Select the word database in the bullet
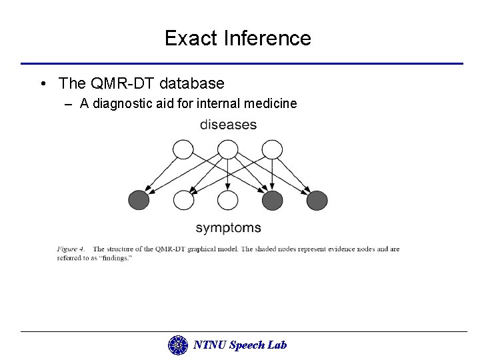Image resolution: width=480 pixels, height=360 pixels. click(x=191, y=83)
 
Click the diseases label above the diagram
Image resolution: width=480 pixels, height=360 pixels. click(x=228, y=125)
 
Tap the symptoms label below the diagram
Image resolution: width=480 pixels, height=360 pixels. click(x=228, y=228)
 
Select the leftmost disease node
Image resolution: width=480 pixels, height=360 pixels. click(x=183, y=149)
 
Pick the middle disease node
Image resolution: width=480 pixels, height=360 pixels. click(x=228, y=149)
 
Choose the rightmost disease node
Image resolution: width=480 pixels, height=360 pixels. click(x=272, y=149)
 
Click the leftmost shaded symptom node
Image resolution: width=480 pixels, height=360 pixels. click(x=139, y=199)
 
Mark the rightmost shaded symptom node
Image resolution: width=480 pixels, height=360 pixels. click(x=317, y=199)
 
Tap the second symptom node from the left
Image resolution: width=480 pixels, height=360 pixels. click(x=183, y=199)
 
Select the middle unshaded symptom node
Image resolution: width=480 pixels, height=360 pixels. click(x=228, y=199)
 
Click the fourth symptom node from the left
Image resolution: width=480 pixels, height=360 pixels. click(x=272, y=199)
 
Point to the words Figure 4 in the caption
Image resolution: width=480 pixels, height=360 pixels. click(x=70, y=249)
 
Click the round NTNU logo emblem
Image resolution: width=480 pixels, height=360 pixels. click(x=178, y=345)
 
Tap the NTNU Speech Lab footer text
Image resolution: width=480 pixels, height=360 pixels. click(x=239, y=345)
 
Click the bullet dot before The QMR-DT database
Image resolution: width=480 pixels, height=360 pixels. click(x=42, y=84)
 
